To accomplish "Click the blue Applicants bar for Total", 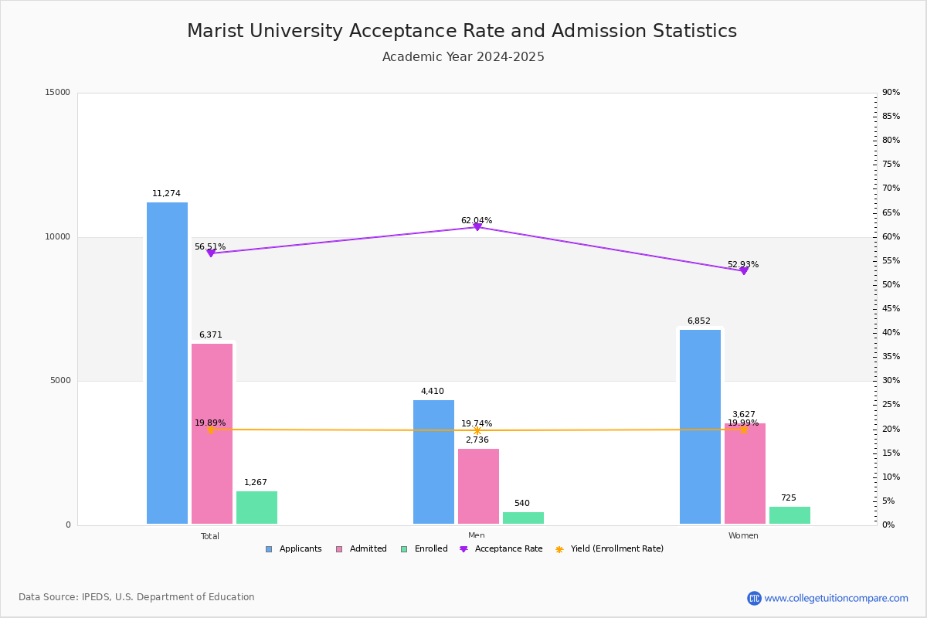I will [x=167, y=363].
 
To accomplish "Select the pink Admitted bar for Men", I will [x=478, y=486].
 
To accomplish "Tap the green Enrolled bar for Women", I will [x=789, y=515].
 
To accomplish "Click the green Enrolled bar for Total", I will [x=256, y=508].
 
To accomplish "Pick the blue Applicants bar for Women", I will [x=700, y=426].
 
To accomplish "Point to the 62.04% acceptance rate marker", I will [x=477, y=226].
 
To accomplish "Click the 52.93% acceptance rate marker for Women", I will [x=743, y=270].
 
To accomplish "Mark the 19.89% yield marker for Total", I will [x=210, y=430].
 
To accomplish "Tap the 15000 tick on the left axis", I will [x=58, y=93].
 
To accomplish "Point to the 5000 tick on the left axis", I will [x=60, y=381].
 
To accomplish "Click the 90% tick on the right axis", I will [x=891, y=93].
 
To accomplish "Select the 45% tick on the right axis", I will [x=891, y=309].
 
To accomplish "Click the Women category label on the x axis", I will [x=743, y=536].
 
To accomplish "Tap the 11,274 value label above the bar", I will [x=166, y=194].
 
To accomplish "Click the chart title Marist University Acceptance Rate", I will [x=462, y=32].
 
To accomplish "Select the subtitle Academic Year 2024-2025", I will [x=463, y=57].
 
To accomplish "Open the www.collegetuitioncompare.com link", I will [x=836, y=598].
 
